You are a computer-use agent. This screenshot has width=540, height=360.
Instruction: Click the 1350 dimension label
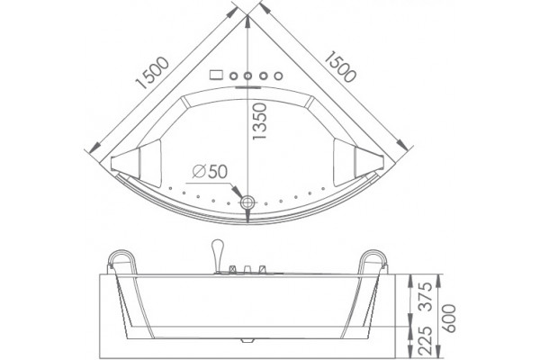coord(260,121)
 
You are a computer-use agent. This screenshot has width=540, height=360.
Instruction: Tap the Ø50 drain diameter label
coord(210,171)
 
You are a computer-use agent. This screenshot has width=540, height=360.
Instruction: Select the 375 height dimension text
coord(427,297)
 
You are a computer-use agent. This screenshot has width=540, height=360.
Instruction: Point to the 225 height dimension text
coord(427,340)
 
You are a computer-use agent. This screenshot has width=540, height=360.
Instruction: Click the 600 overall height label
coord(449,319)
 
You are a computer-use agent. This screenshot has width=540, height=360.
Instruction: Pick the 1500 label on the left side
coord(153,73)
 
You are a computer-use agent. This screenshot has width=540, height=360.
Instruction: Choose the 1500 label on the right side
coord(340,67)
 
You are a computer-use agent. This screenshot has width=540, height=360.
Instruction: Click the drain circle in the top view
coord(247,202)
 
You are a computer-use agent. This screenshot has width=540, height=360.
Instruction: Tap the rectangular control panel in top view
coord(216,75)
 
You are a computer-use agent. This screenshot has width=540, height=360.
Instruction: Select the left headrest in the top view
coord(137,164)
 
